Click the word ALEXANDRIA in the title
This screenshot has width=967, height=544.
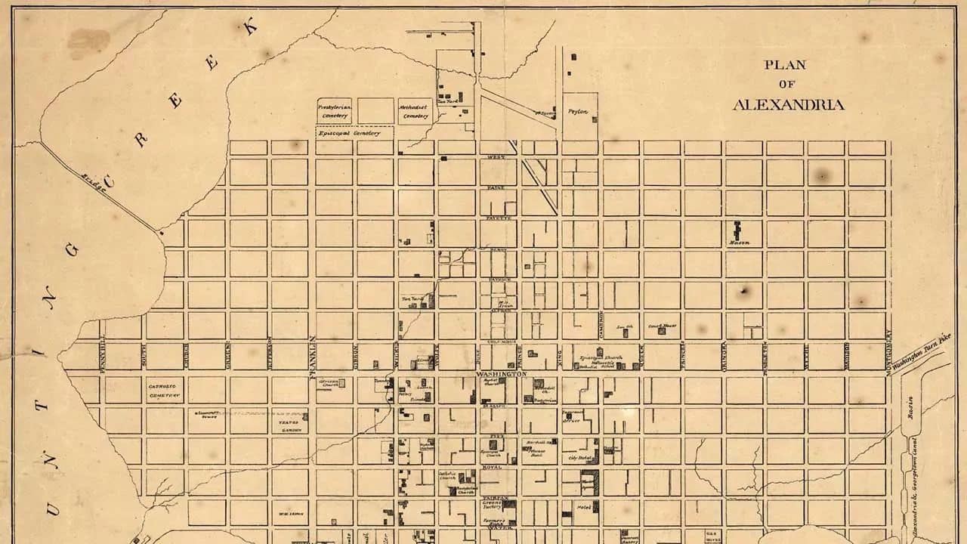pyautogui.click(x=788, y=105)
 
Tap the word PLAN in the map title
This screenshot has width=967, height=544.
pyautogui.click(x=785, y=65)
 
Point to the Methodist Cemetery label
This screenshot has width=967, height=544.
pyautogui.click(x=415, y=112)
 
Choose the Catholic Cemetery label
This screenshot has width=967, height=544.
pyautogui.click(x=163, y=391)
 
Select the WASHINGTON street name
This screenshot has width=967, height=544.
pyautogui.click(x=501, y=375)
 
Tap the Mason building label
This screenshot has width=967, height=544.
pyautogui.click(x=738, y=243)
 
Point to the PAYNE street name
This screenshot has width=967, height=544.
pyautogui.click(x=496, y=187)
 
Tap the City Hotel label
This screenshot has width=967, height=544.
pyautogui.click(x=579, y=458)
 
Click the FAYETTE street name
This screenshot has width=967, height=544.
pyautogui.click(x=498, y=218)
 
